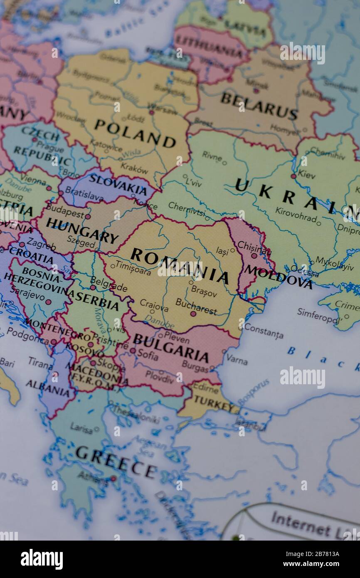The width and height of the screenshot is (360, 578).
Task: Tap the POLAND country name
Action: point(135,133)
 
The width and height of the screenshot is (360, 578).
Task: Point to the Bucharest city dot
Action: point(193,314)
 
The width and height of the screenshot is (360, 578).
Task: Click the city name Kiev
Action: point(307,175)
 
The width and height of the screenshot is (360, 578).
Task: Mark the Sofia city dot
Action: point(133,351)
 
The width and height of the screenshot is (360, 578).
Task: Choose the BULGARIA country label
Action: point(170,348)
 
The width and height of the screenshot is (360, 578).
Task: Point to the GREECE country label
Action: point(116,461)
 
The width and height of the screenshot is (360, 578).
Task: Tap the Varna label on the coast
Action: point(237,359)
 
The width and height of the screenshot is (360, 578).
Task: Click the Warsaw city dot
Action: point(152,112)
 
